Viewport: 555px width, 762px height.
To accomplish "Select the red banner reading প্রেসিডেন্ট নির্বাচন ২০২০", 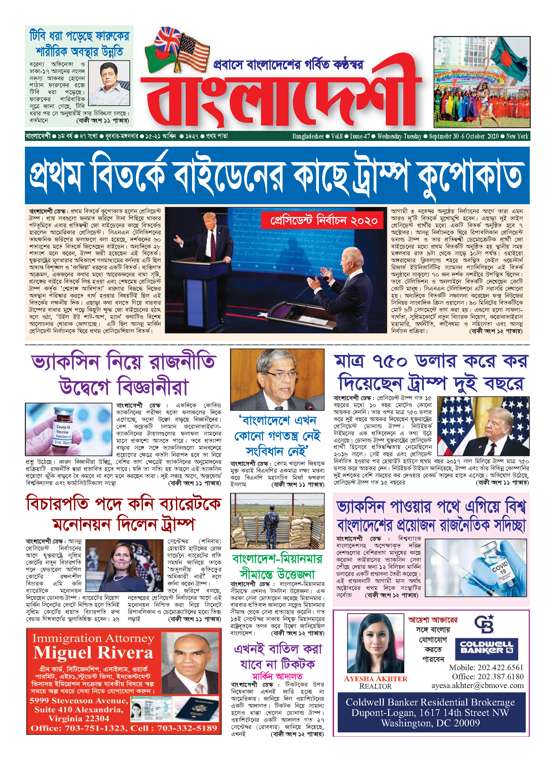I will pyautogui.click(x=322, y=220).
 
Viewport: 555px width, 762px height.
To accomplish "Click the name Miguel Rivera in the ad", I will pyautogui.click(x=94, y=653).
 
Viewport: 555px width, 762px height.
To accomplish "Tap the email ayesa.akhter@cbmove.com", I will pyautogui.click(x=478, y=685).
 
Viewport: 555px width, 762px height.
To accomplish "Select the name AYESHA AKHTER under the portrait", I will pyautogui.click(x=375, y=679).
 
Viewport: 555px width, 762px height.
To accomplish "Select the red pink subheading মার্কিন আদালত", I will pyautogui.click(x=277, y=676).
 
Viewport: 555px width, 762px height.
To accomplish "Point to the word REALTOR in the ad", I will pyautogui.click(x=375, y=686).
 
